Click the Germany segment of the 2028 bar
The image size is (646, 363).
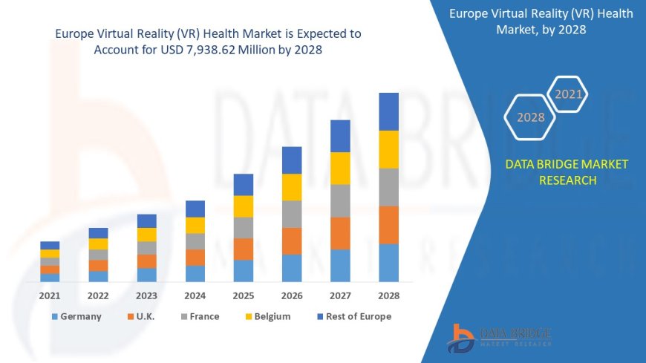(x=388, y=263)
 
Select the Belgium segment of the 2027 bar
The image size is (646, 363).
(x=340, y=169)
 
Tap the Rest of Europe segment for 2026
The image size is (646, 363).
(x=292, y=160)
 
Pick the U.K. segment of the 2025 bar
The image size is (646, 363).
(x=244, y=249)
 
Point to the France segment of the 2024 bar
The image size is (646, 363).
(x=195, y=241)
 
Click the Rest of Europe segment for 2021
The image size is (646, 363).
(x=50, y=246)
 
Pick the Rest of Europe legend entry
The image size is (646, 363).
(x=353, y=316)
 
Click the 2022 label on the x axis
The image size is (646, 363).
(x=98, y=295)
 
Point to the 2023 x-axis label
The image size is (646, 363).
(x=146, y=295)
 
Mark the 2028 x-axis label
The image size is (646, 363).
(x=388, y=295)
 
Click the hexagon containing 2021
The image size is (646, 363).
(x=569, y=94)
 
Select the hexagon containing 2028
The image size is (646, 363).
(x=530, y=117)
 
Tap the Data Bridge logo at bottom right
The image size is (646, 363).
(x=499, y=339)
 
